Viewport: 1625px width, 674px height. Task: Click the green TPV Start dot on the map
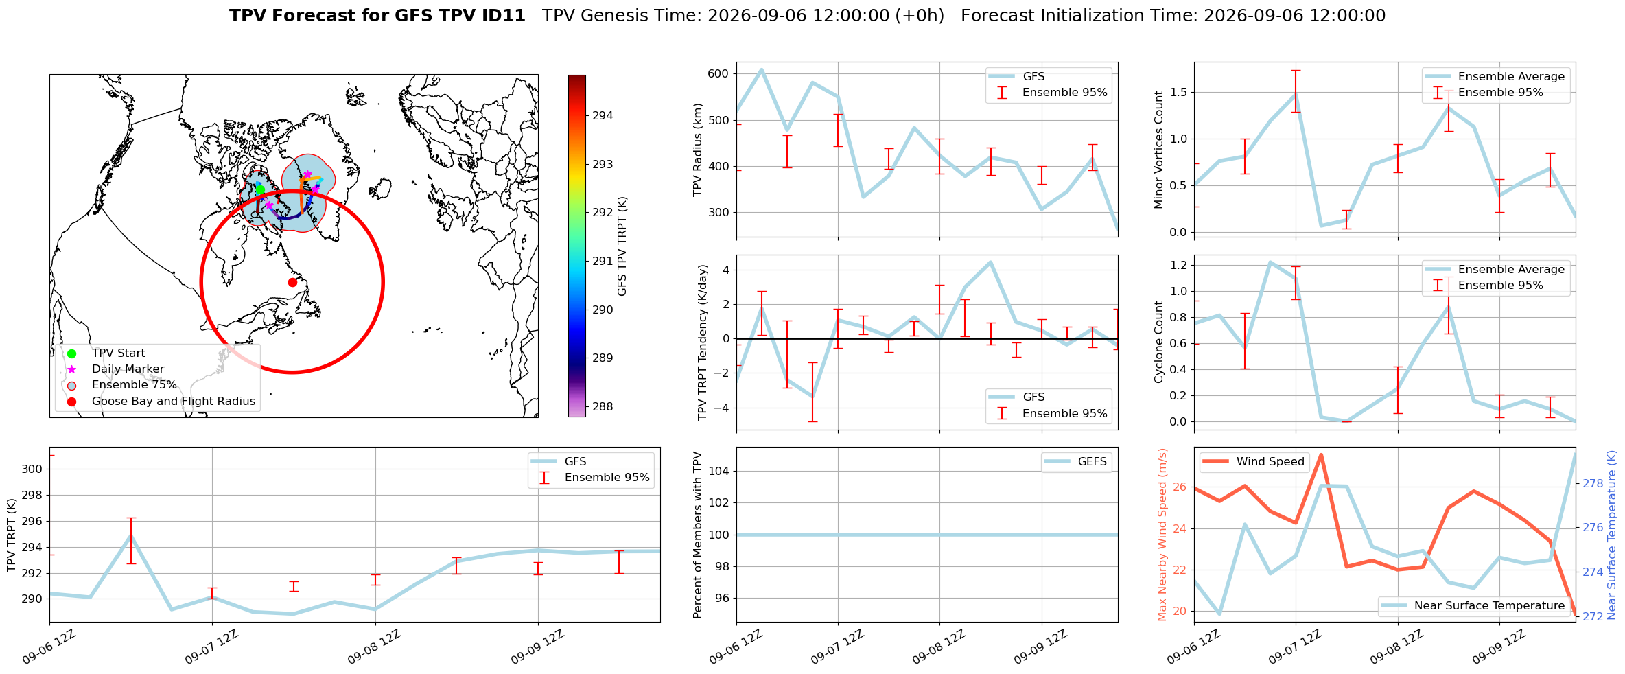point(260,189)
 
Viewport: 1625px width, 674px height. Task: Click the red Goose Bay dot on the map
point(292,282)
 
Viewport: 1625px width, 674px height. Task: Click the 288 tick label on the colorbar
point(603,407)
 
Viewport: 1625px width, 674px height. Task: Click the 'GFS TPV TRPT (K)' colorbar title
point(622,246)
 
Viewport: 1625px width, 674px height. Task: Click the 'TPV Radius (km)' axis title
point(698,150)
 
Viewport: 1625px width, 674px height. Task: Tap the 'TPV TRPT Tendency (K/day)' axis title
point(702,342)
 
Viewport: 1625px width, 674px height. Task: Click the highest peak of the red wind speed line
point(1321,454)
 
